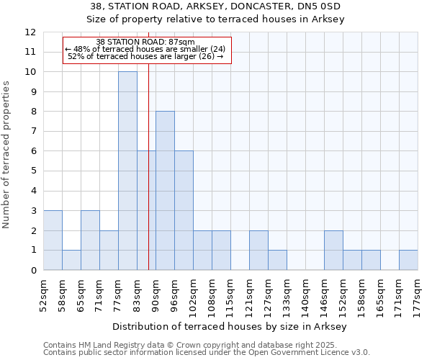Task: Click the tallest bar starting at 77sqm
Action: [127, 171]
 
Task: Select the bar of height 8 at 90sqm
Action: [165, 191]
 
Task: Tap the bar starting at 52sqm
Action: [53, 240]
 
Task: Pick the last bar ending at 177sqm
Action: [408, 260]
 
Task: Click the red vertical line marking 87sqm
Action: [148, 180]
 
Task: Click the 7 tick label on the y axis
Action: [33, 132]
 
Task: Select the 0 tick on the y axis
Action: [33, 271]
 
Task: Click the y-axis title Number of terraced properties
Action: [6, 155]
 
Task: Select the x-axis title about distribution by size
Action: [230, 327]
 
